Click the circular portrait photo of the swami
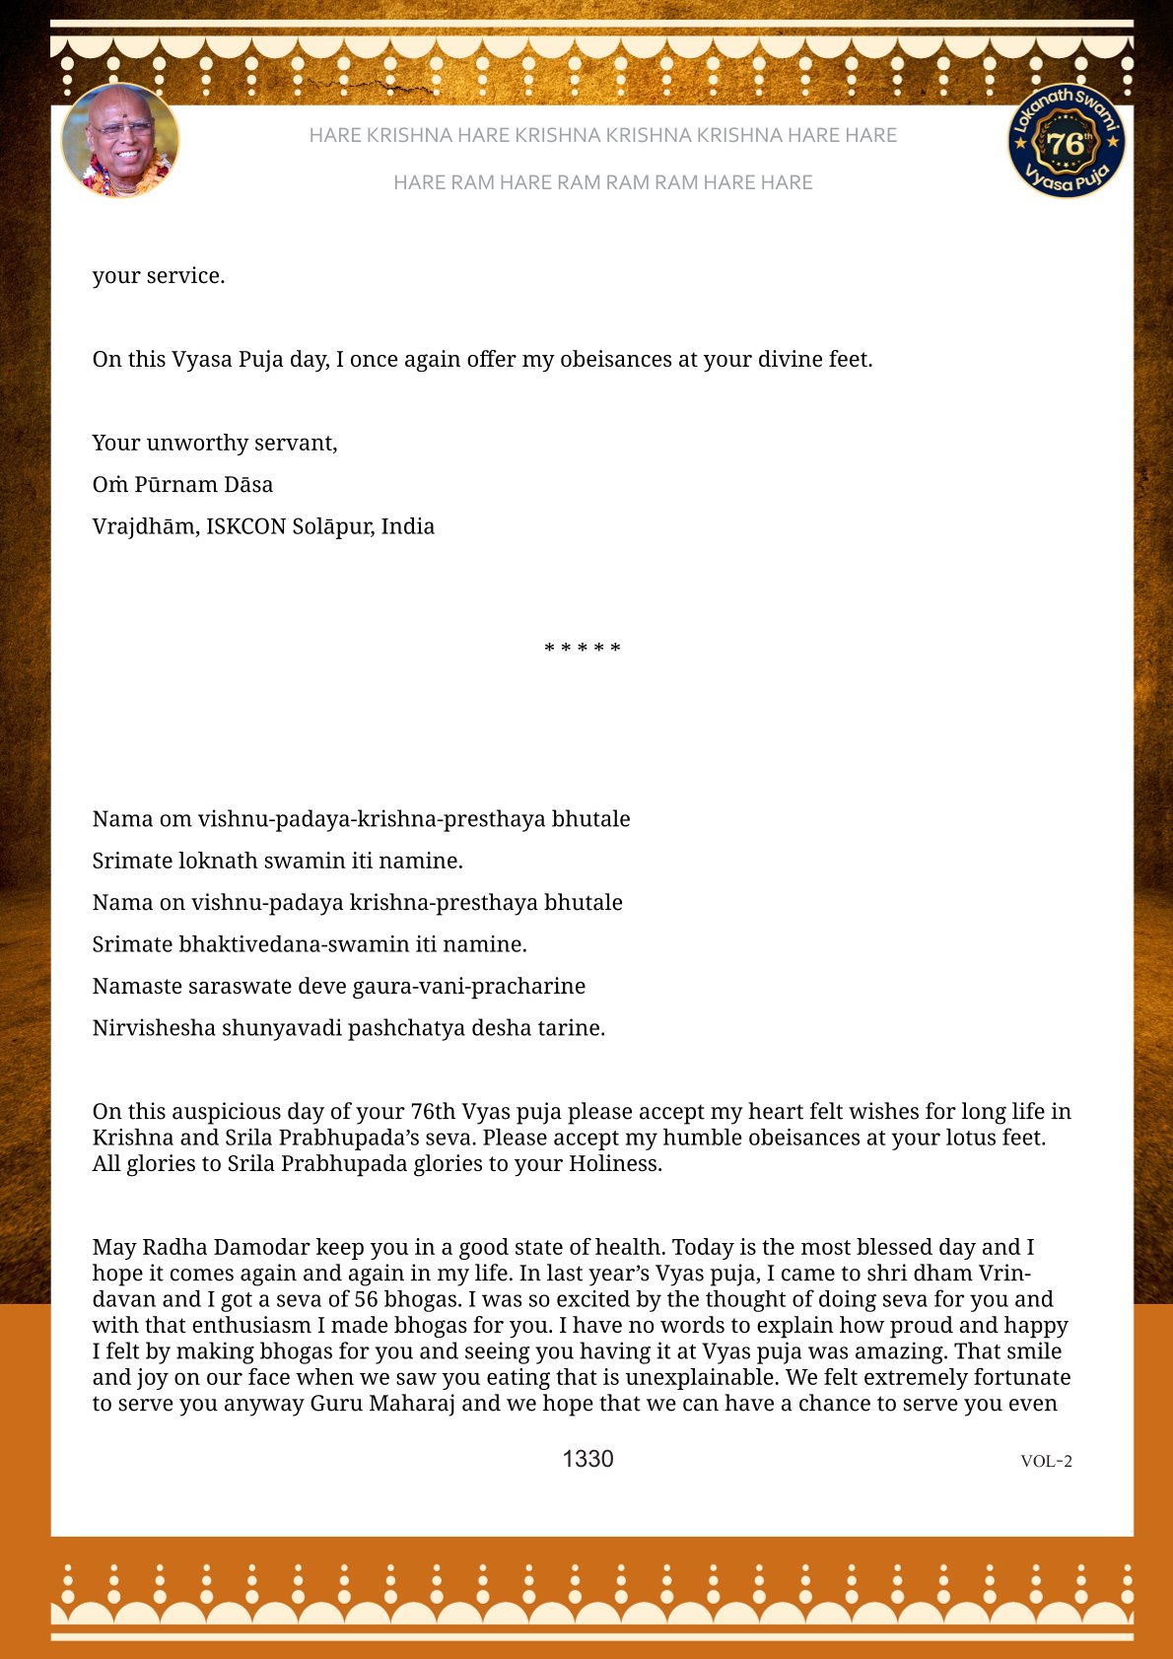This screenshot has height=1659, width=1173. (x=120, y=141)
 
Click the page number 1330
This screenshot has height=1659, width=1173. (x=587, y=1459)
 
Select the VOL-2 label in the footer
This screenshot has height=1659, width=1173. (x=1046, y=1461)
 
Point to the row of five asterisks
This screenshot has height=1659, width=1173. (x=583, y=649)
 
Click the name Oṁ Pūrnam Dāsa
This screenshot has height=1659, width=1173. (x=182, y=485)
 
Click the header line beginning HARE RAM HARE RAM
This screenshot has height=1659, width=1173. (x=602, y=182)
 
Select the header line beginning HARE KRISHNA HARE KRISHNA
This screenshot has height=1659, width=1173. (x=602, y=135)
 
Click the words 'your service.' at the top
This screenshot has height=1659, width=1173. (x=159, y=276)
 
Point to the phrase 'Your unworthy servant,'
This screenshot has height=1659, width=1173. (x=215, y=444)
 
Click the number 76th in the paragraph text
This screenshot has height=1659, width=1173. (x=433, y=1112)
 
